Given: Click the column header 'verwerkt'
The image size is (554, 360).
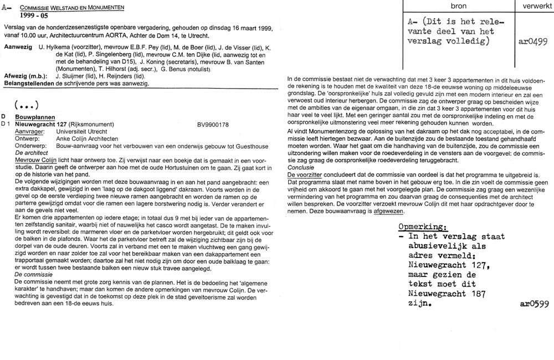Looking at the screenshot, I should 534,6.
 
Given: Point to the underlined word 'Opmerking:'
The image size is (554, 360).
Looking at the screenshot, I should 424,227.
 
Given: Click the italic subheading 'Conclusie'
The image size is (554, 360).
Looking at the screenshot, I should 302,167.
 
